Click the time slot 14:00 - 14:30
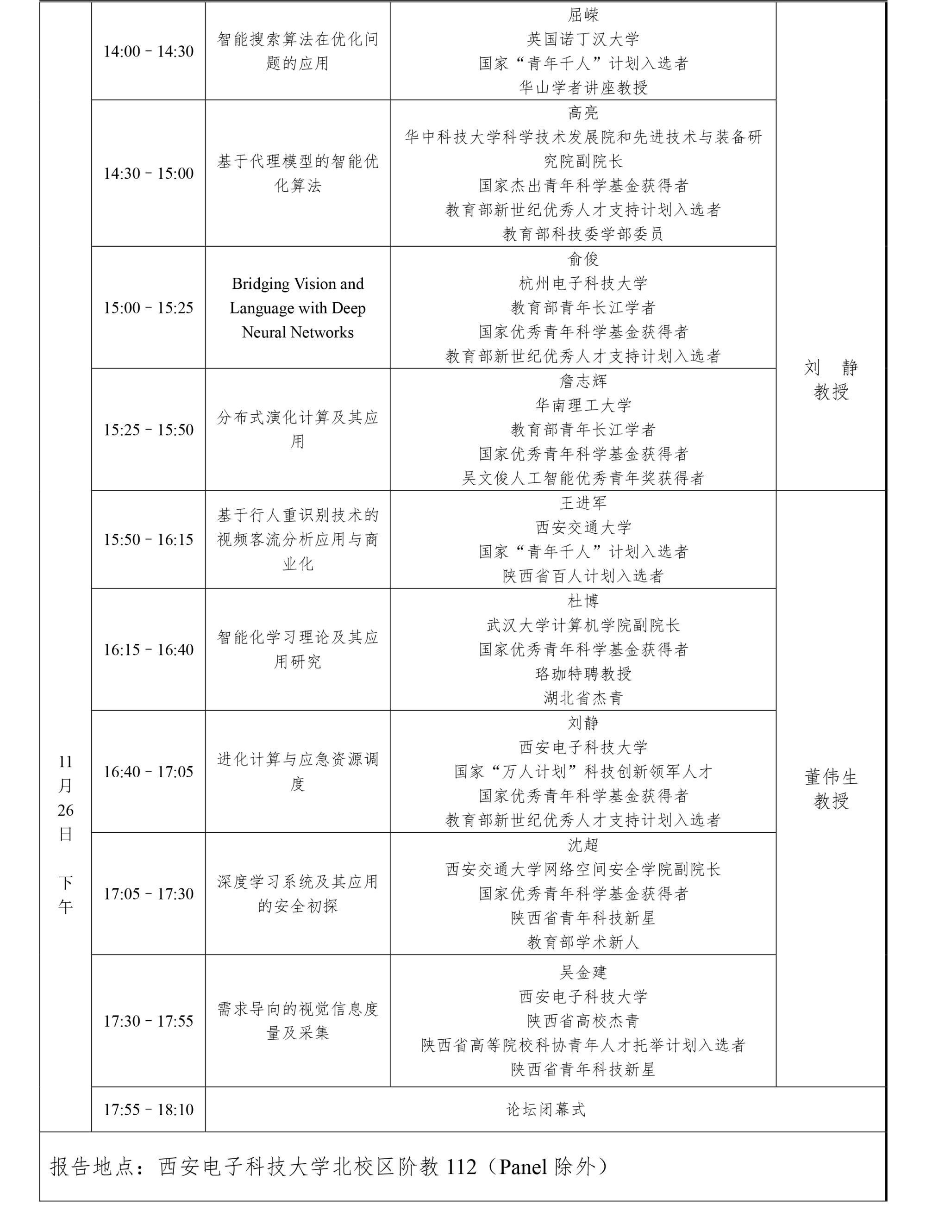[148, 51]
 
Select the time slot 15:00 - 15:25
[148, 307]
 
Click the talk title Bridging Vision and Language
[298, 307]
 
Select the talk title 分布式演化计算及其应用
[298, 429]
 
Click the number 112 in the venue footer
[461, 1167]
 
